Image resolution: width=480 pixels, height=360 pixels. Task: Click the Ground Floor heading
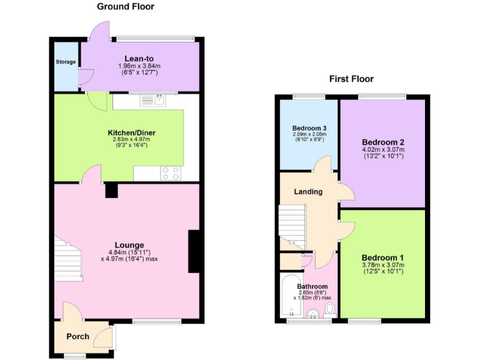[126, 7]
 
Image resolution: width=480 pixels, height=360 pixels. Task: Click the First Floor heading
[351, 79]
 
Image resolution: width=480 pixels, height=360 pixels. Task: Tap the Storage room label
[66, 62]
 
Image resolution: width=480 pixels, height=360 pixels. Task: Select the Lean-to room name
[139, 58]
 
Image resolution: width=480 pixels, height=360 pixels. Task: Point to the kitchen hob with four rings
[171, 173]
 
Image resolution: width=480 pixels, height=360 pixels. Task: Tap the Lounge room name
[129, 244]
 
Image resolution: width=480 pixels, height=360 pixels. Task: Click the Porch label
[78, 336]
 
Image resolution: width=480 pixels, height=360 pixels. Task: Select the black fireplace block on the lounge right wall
[194, 251]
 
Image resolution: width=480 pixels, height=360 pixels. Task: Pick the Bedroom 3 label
[311, 128]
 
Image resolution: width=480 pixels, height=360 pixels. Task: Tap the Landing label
[308, 191]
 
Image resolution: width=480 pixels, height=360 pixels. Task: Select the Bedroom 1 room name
[382, 257]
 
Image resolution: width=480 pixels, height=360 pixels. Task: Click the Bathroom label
[312, 287]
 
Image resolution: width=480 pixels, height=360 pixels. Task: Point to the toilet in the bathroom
[330, 309]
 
